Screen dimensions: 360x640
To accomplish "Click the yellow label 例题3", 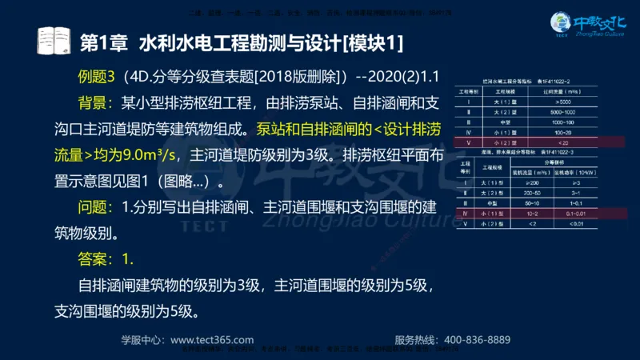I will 98,78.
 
